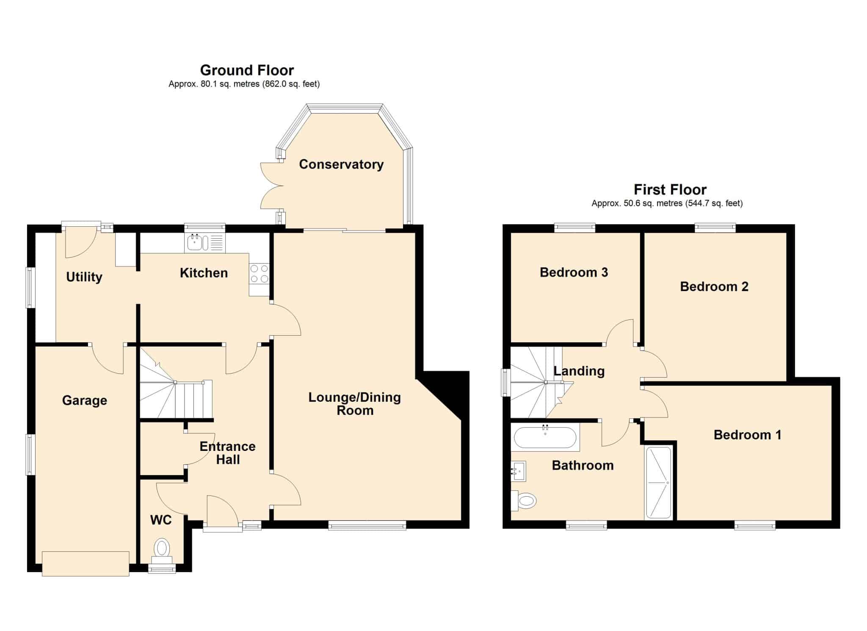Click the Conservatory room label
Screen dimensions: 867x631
click(341, 164)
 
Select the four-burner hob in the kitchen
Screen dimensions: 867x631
click(259, 273)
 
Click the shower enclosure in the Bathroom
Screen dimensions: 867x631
click(658, 483)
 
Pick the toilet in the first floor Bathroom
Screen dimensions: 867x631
click(524, 500)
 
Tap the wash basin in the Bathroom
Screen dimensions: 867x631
click(519, 471)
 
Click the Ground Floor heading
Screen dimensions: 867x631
click(247, 70)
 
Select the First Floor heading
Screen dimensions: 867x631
click(670, 189)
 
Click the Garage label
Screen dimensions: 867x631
click(85, 400)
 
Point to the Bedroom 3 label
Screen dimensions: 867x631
click(574, 272)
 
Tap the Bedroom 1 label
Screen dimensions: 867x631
click(747, 435)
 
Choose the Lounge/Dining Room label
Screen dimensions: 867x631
click(355, 404)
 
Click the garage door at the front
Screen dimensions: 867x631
click(86, 564)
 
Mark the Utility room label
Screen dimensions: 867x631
click(84, 277)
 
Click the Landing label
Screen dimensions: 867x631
click(579, 371)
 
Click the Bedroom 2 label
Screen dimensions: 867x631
click(714, 286)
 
